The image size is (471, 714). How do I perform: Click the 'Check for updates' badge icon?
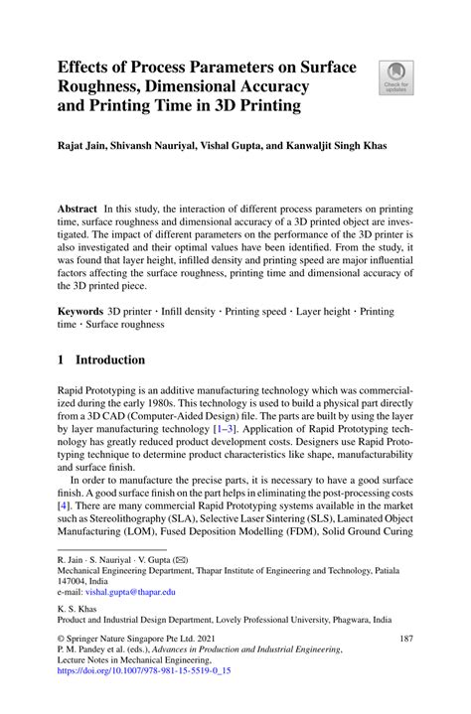395,78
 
